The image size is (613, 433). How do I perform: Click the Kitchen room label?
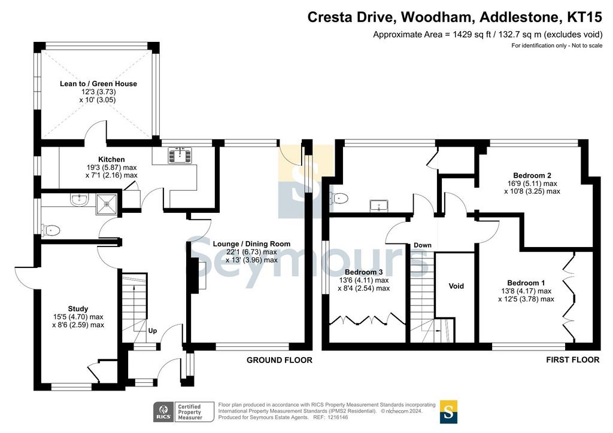111,159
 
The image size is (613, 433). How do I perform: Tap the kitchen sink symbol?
180,155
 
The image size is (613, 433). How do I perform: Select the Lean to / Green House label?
99,84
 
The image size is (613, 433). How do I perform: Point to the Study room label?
78,309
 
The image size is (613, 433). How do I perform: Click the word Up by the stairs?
153,331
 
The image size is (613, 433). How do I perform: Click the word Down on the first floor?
423,245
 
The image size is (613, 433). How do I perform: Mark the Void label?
456,286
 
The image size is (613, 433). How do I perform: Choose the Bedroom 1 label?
526,283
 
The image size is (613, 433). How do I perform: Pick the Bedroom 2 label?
532,175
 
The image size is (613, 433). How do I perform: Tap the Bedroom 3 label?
363,272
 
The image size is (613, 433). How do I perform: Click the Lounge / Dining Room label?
252,243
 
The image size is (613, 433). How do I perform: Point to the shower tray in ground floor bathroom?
107,203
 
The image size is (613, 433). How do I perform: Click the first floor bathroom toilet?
339,199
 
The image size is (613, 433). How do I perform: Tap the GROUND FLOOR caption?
280,360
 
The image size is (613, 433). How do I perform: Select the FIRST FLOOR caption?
573,359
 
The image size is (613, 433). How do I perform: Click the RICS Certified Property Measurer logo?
183,412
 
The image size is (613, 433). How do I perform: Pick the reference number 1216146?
338,417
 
